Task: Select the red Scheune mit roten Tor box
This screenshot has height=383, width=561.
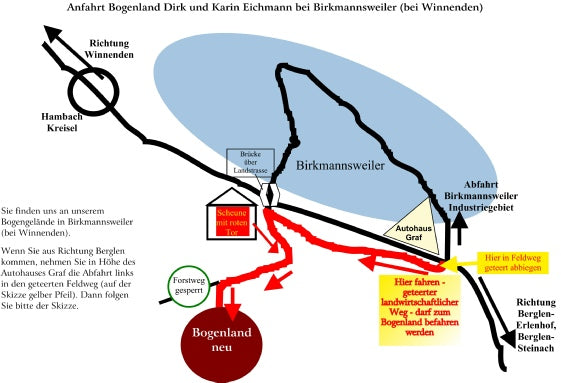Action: tap(232, 217)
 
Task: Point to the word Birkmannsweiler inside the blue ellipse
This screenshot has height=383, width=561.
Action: tap(346, 161)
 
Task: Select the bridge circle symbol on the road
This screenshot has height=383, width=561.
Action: tap(268, 193)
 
